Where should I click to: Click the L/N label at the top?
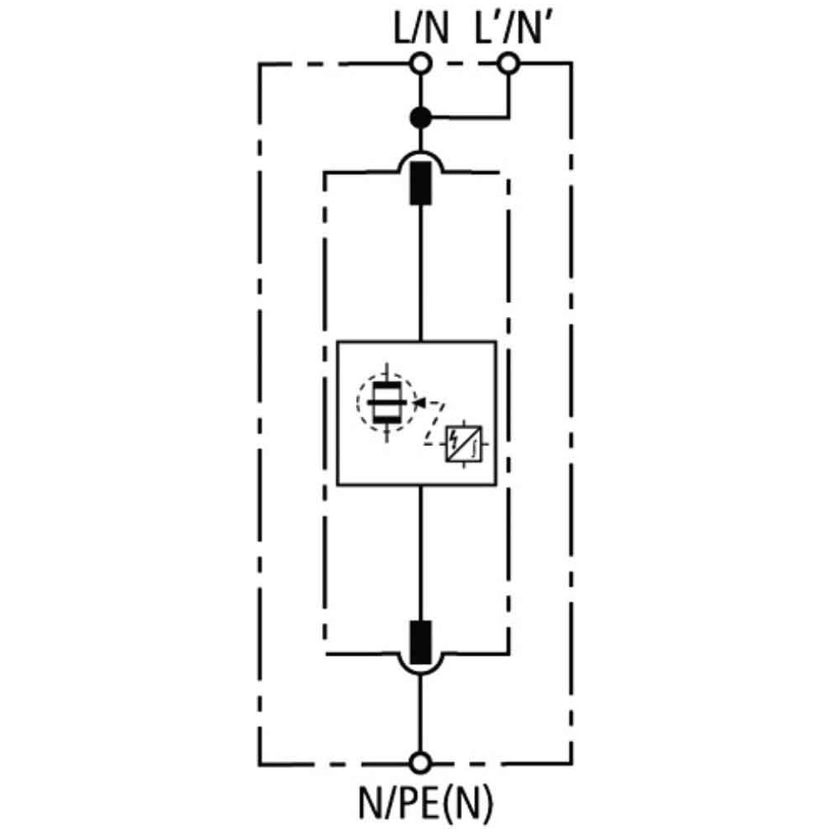(421, 28)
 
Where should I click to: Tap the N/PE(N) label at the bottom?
(426, 802)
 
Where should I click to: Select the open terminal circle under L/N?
(421, 64)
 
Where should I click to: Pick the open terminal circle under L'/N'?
(508, 64)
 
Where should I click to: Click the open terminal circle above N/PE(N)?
(421, 763)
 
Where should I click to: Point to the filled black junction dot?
(421, 117)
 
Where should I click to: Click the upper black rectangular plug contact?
(421, 183)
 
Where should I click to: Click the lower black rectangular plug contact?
(421, 642)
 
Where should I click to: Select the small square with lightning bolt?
(463, 443)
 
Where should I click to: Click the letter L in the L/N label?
(401, 28)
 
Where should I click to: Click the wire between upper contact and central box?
(421, 273)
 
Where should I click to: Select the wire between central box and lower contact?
(421, 552)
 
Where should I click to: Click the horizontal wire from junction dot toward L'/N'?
(469, 116)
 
